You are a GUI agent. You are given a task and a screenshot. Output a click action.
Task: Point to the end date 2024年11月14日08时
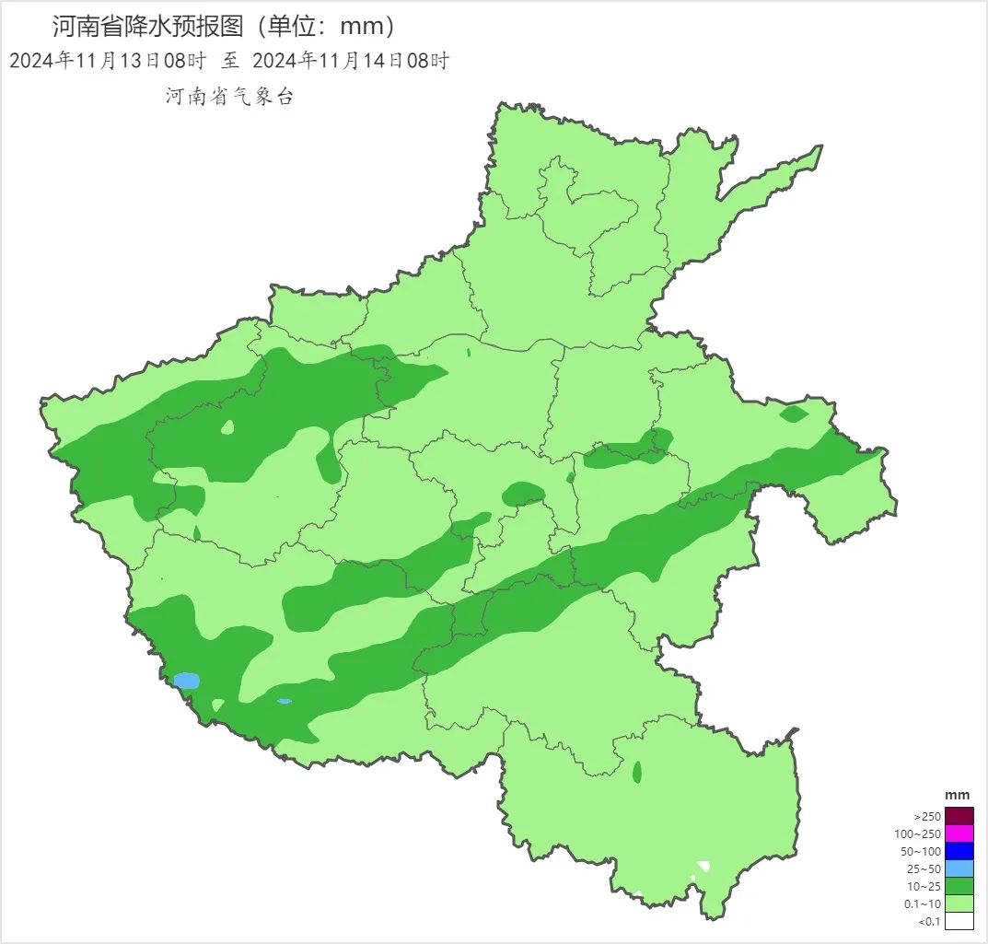[350, 61]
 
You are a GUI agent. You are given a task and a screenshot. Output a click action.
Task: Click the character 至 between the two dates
[229, 61]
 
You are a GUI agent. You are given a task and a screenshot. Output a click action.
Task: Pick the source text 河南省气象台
[229, 97]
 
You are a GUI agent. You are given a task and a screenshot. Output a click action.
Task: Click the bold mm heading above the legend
[958, 795]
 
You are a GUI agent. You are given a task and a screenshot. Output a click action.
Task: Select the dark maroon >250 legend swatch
[959, 816]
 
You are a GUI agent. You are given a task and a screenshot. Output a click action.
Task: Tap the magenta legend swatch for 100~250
[959, 833]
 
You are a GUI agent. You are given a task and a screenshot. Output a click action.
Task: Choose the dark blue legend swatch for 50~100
[959, 851]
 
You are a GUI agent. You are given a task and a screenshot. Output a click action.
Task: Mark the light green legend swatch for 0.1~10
[959, 903]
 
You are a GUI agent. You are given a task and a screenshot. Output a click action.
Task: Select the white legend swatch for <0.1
[959, 921]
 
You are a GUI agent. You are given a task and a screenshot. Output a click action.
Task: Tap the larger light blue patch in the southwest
[187, 681]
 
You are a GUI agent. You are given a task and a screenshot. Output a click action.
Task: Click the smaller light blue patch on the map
[285, 701]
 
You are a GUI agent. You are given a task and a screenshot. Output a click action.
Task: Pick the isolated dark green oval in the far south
[637, 772]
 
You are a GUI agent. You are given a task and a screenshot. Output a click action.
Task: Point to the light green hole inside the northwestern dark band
[227, 427]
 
